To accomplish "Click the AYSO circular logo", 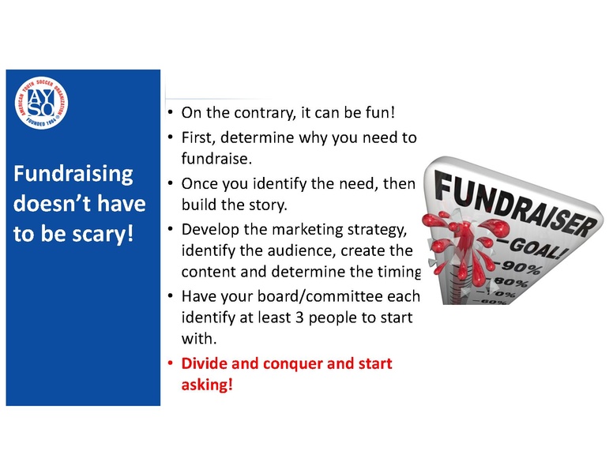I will pyautogui.click(x=42, y=105).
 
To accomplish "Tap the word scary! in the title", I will pyautogui.click(x=103, y=235).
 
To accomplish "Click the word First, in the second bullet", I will pyautogui.click(x=201, y=137).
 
